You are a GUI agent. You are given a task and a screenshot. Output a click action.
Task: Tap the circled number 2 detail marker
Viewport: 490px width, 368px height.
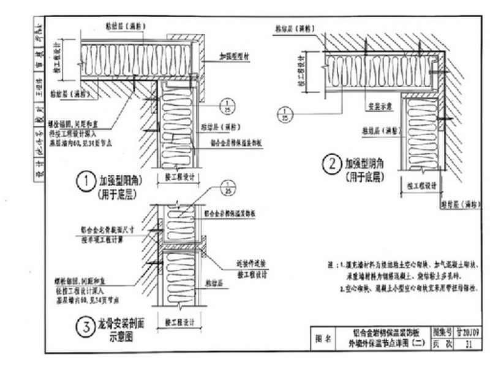tap(331, 164)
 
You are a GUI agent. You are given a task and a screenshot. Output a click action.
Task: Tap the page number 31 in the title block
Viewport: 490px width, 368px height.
tap(469, 345)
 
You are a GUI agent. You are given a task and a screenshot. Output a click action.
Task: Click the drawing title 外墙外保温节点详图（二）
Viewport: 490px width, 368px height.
tap(383, 345)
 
